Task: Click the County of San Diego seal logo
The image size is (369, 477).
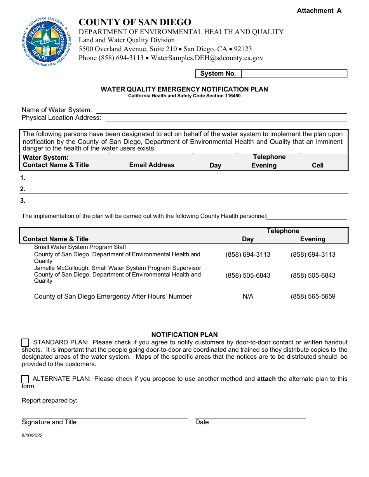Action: [x=47, y=41]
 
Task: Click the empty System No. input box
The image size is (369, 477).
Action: [x=294, y=74]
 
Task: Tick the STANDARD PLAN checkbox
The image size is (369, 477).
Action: [x=25, y=342]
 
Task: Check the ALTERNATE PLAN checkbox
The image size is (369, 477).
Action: [x=25, y=379]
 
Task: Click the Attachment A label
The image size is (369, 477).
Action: [x=319, y=11]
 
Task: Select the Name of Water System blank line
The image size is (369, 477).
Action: [x=221, y=111]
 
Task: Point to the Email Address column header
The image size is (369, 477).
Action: [x=152, y=165]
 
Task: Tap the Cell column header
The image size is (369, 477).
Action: [x=317, y=166]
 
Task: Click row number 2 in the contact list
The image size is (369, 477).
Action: [x=23, y=189]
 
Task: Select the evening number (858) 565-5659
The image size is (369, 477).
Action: [x=313, y=297]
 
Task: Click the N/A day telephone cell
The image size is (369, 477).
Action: [x=248, y=297]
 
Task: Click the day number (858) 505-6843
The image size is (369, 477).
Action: [x=248, y=276]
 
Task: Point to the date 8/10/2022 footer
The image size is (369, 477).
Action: [x=32, y=436]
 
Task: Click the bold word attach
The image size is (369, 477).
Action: [x=266, y=379]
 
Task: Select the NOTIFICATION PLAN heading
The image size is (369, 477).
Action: [x=184, y=335]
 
